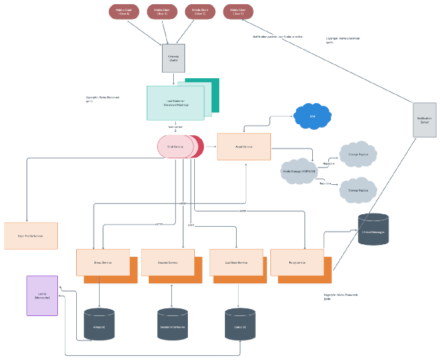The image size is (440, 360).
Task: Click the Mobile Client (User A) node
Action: click(x=124, y=11)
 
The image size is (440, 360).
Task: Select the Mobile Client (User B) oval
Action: click(x=162, y=11)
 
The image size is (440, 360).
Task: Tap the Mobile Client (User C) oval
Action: click(x=200, y=11)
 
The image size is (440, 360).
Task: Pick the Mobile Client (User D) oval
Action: click(x=238, y=11)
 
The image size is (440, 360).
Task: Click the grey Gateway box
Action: click(x=173, y=59)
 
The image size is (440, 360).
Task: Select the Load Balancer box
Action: click(x=175, y=103)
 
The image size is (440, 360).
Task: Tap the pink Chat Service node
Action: click(x=175, y=147)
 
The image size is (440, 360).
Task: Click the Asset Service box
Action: click(x=243, y=147)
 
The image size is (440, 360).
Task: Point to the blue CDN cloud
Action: click(x=312, y=117)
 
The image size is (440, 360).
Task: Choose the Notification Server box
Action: click(x=424, y=120)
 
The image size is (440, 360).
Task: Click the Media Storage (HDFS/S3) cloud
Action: click(x=299, y=171)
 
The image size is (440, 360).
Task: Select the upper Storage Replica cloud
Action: click(x=358, y=154)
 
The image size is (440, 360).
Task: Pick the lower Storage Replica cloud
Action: click(x=358, y=190)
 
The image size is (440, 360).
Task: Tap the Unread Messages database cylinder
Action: click(x=373, y=230)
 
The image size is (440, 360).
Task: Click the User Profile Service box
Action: click(x=31, y=236)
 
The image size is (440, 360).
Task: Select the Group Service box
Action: click(x=103, y=262)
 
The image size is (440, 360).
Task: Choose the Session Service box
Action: click(x=167, y=262)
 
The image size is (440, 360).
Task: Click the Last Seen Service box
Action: click(x=236, y=262)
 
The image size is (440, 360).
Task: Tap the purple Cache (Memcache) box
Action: click(x=42, y=295)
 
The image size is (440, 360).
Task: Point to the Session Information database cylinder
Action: click(x=173, y=324)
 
